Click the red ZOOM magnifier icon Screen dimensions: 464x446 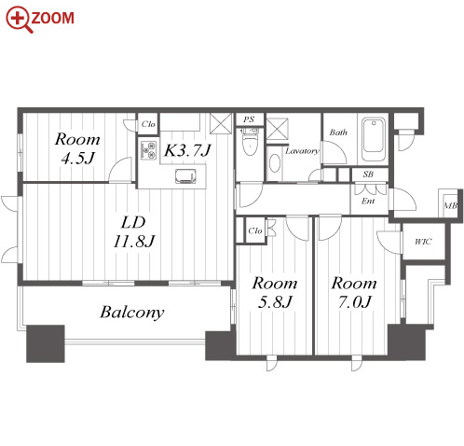19,20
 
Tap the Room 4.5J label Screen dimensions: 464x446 77,148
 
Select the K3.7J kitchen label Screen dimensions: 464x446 187,150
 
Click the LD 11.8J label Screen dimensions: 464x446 134,231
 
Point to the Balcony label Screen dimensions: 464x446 132,312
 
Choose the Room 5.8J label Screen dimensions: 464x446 275,292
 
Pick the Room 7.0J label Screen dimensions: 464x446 354,292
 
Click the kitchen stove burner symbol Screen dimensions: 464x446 148,150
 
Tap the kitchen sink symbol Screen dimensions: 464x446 185,176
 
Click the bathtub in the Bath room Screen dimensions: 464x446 374,139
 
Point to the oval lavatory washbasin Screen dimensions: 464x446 275,162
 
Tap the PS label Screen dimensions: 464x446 249,119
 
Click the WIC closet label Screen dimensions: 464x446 423,242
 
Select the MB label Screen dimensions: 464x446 451,205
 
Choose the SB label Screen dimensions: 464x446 368,174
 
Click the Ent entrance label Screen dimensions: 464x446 368,201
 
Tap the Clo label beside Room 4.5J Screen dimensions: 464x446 148,124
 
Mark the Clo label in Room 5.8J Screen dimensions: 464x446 255,230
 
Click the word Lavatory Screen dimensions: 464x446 302,151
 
